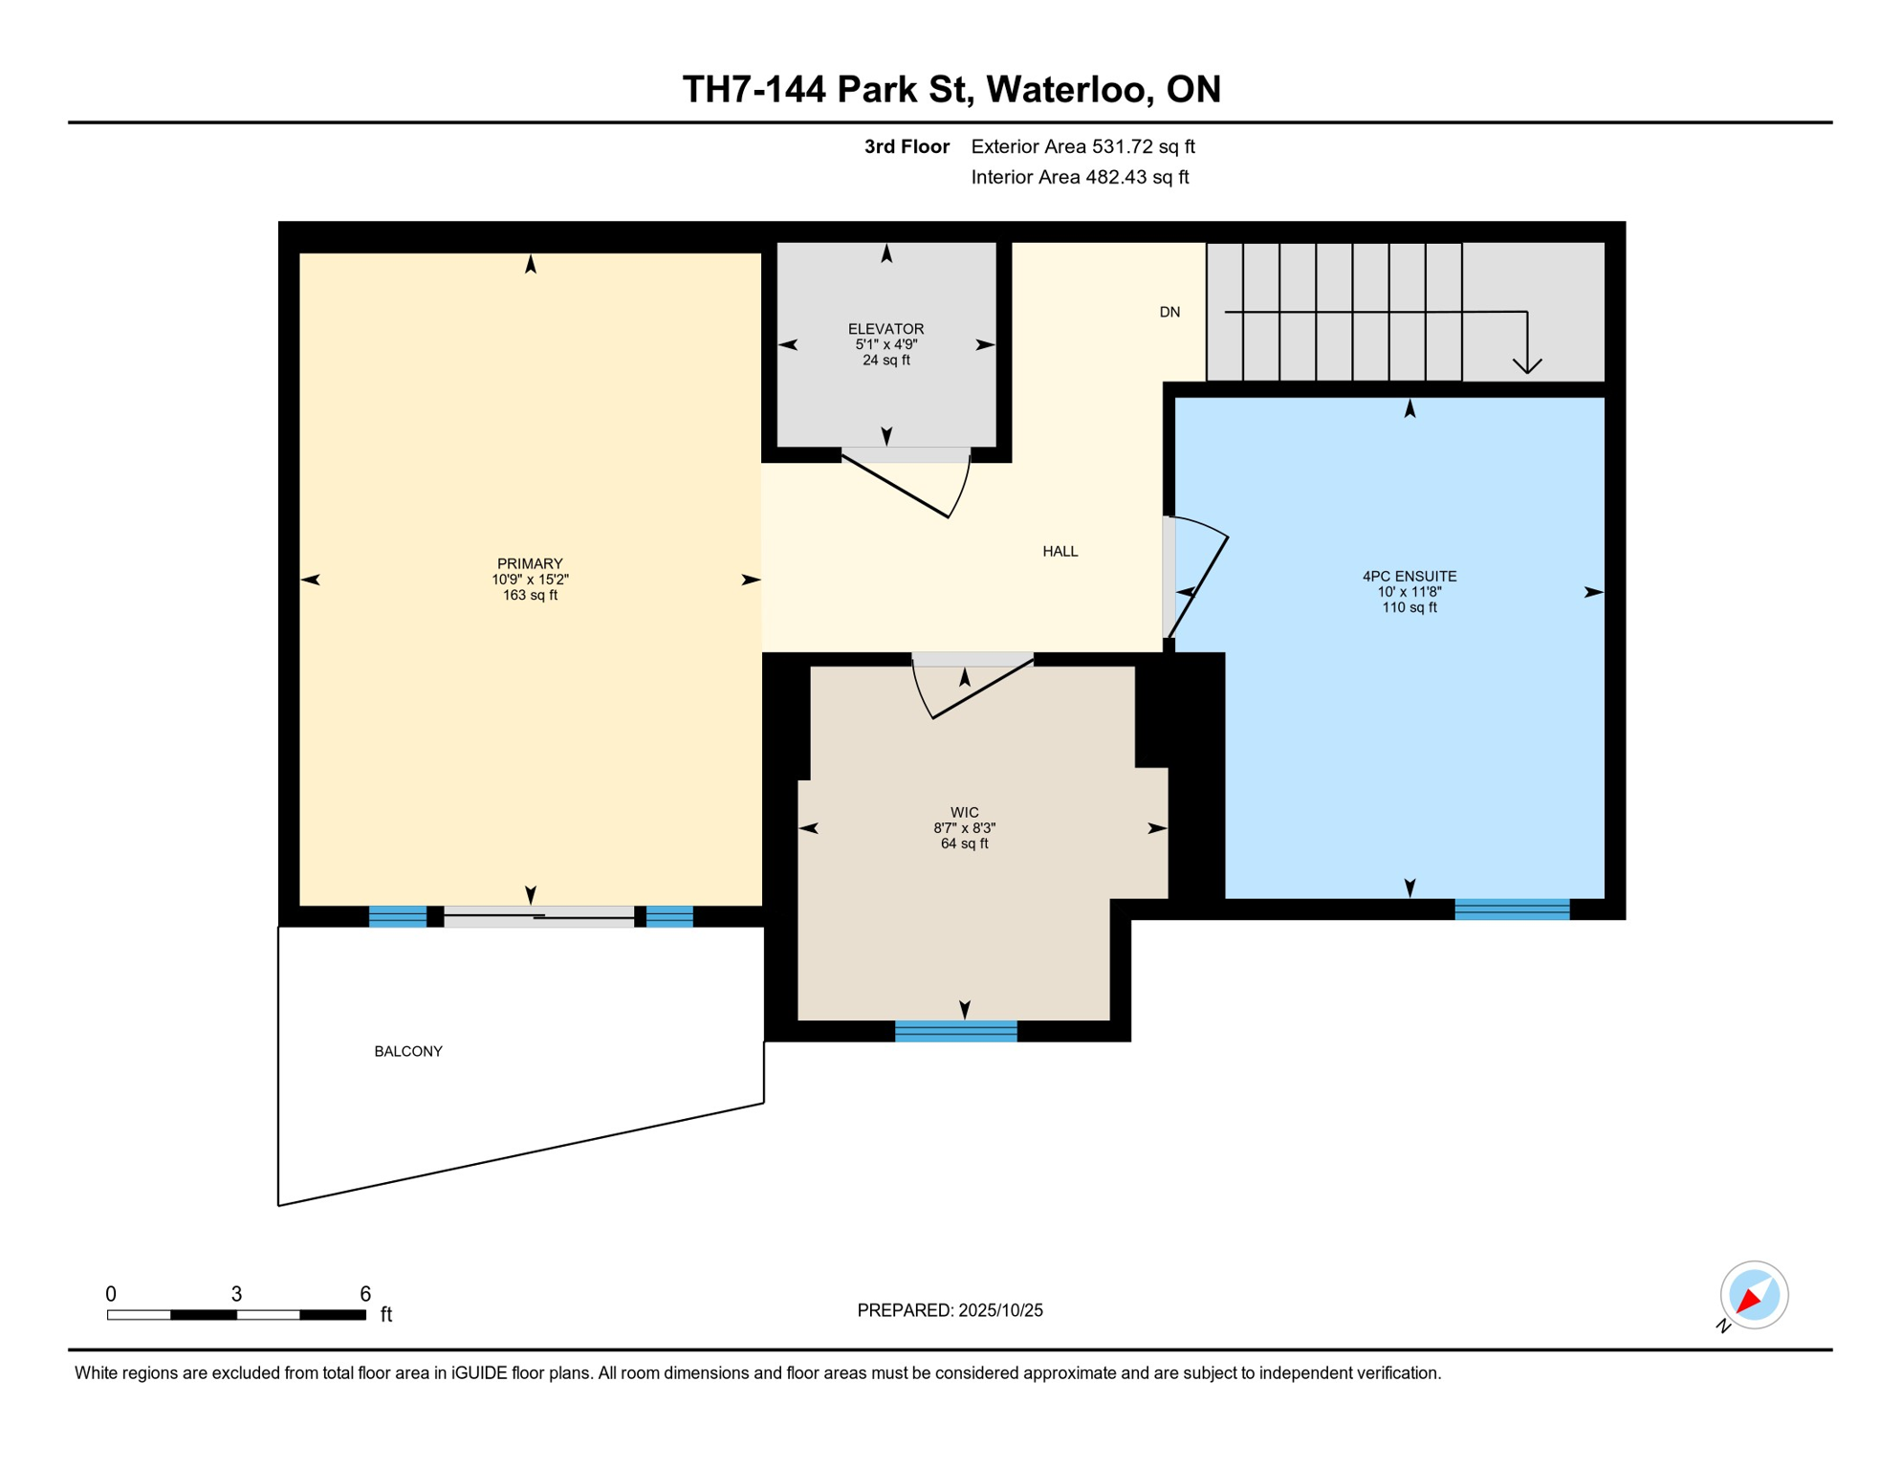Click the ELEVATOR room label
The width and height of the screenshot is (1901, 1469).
tap(885, 329)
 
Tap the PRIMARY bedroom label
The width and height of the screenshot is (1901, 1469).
tap(530, 564)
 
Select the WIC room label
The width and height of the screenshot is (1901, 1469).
tap(964, 812)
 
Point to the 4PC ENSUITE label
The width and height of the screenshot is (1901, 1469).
tap(1409, 576)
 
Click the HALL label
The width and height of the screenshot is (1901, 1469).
tap(1060, 551)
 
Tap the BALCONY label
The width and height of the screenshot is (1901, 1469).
tap(408, 1051)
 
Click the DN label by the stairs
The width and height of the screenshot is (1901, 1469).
tap(1169, 312)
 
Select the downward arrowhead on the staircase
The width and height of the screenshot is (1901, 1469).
tap(1527, 365)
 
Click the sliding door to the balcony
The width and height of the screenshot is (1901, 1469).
tap(538, 916)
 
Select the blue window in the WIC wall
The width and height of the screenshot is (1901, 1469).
tap(955, 1031)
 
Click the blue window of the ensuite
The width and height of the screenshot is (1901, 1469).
tap(1511, 910)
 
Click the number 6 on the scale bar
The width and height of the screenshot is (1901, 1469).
tap(365, 1294)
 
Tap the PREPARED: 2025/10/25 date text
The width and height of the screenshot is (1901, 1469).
tap(950, 1310)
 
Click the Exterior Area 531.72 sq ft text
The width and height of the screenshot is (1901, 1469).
tap(1082, 146)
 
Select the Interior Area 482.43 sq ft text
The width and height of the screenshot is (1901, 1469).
tap(1080, 177)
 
